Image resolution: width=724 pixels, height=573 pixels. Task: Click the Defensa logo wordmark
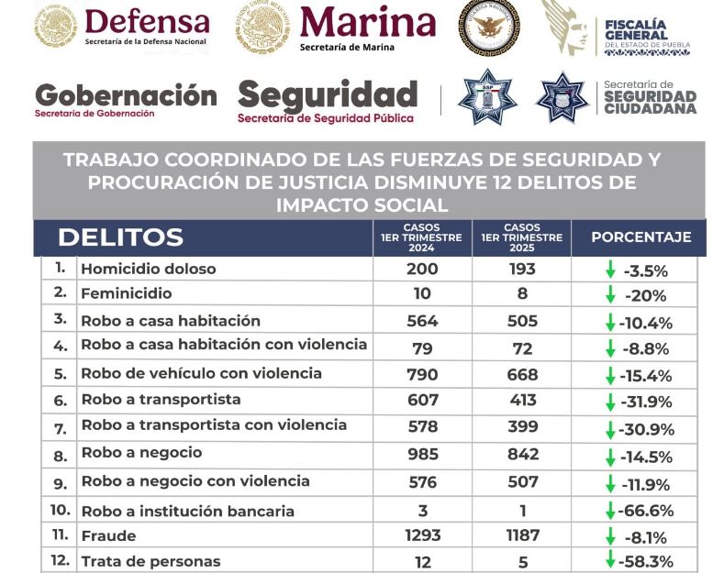point(147,20)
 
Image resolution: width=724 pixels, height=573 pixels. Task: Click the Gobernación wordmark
point(126,94)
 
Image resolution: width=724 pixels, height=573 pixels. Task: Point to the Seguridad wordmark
point(328,94)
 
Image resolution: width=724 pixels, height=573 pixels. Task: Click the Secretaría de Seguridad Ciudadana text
point(650,96)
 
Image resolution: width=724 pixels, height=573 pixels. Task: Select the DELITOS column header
point(120,237)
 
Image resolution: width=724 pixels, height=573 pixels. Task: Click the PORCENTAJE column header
point(640,237)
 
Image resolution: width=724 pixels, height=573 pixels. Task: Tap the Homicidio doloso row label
point(149,270)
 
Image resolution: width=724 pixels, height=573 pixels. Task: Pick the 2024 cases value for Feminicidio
point(422,295)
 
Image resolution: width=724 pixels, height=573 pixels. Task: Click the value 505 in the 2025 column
point(521,321)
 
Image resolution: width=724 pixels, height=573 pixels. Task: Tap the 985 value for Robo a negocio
point(422,454)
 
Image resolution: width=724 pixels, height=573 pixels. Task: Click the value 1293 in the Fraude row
point(422,535)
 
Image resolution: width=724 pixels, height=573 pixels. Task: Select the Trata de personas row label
point(150,561)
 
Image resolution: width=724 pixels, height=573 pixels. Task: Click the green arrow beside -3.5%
point(609,270)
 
